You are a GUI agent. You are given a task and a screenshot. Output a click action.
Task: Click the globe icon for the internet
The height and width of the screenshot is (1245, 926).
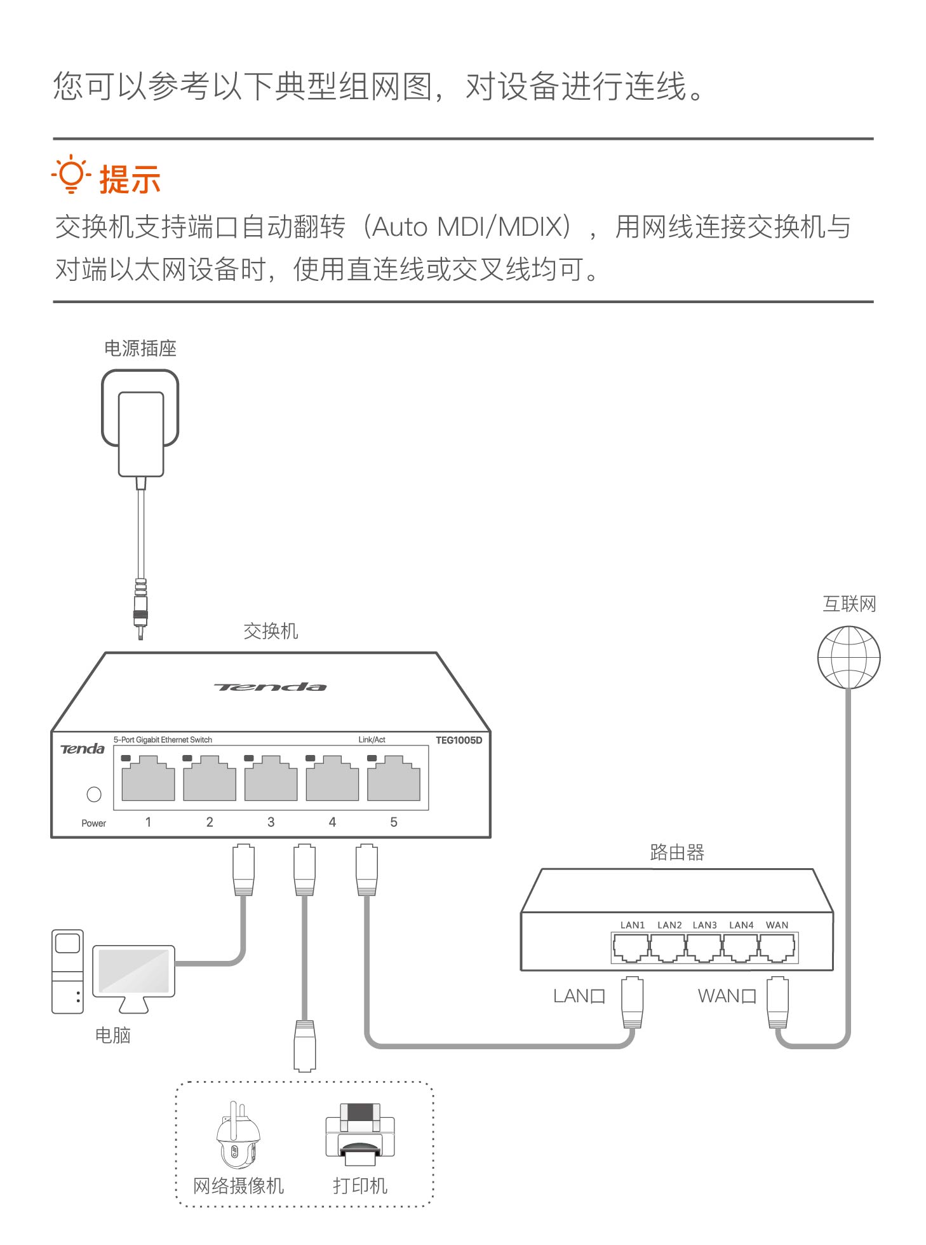(x=849, y=657)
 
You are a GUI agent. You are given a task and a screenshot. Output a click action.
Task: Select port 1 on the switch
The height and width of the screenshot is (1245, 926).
(x=148, y=779)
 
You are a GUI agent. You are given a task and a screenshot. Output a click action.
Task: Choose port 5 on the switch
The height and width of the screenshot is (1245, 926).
(x=394, y=779)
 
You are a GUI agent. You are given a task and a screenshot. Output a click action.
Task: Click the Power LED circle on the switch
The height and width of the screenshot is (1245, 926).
(x=94, y=794)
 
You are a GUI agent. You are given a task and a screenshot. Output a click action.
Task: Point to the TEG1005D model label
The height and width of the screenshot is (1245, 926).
(x=459, y=740)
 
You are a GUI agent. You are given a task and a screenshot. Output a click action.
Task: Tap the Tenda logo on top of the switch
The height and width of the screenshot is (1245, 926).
(x=271, y=687)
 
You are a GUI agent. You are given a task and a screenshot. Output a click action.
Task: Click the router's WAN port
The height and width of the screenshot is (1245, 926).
(x=777, y=949)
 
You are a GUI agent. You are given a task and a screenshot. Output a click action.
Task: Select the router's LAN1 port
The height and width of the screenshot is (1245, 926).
(x=631, y=949)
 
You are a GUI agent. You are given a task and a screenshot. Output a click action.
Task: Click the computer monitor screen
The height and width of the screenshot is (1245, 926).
(x=134, y=971)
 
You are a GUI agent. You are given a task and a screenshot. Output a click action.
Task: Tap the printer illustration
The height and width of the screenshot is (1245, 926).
(x=359, y=1135)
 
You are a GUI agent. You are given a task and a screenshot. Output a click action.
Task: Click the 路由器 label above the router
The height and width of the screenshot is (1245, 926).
(x=677, y=852)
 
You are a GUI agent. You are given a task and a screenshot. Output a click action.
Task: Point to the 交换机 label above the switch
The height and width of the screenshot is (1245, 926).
(x=271, y=631)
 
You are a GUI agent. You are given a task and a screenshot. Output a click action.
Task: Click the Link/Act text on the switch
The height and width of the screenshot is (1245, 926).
(x=372, y=740)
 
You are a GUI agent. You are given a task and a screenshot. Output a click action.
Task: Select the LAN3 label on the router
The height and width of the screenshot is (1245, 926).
(x=704, y=925)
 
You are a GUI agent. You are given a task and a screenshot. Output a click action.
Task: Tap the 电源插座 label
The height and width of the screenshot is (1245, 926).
(x=140, y=348)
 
